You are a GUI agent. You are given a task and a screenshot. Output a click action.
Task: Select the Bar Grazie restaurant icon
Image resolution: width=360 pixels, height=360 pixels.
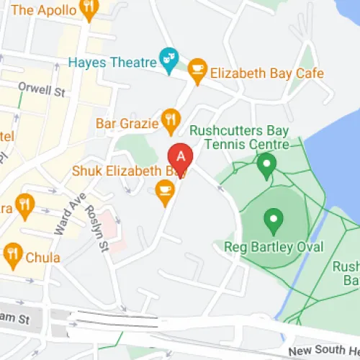click(170, 121)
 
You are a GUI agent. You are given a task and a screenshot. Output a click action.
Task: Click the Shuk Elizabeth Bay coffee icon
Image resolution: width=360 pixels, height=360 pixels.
click(165, 190)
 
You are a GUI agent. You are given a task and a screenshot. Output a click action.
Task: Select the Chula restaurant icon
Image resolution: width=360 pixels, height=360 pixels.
click(12, 253)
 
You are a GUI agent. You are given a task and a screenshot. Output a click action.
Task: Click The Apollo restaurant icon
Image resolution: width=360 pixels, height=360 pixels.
click(89, 9)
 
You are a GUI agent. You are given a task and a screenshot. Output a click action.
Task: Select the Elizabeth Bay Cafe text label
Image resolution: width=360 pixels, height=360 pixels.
click(266, 73)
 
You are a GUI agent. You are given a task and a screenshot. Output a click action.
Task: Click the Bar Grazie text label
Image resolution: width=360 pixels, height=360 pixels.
click(127, 124)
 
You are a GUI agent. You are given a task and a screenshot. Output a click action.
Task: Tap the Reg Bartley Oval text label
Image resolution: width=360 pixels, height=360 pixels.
click(274, 248)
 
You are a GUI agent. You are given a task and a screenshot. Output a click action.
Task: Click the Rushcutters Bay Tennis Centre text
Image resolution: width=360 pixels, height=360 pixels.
click(238, 138)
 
